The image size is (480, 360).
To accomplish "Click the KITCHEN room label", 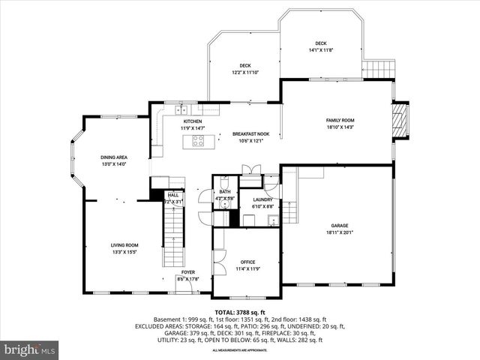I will (192, 121).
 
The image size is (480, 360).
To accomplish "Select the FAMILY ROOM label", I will (340, 120).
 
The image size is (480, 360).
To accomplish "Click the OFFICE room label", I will (247, 262).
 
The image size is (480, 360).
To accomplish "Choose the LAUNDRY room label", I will (262, 199).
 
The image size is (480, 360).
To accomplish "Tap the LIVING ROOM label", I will (124, 245).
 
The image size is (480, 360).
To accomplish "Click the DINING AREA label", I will (114, 157).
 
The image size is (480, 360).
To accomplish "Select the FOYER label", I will (187, 272).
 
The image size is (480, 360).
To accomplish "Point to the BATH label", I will (225, 192).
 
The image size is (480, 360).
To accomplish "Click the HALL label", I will (173, 195).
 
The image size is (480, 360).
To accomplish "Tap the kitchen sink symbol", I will (181, 111).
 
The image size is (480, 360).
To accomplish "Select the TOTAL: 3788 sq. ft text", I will (240, 311).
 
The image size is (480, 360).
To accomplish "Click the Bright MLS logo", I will (30, 349).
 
